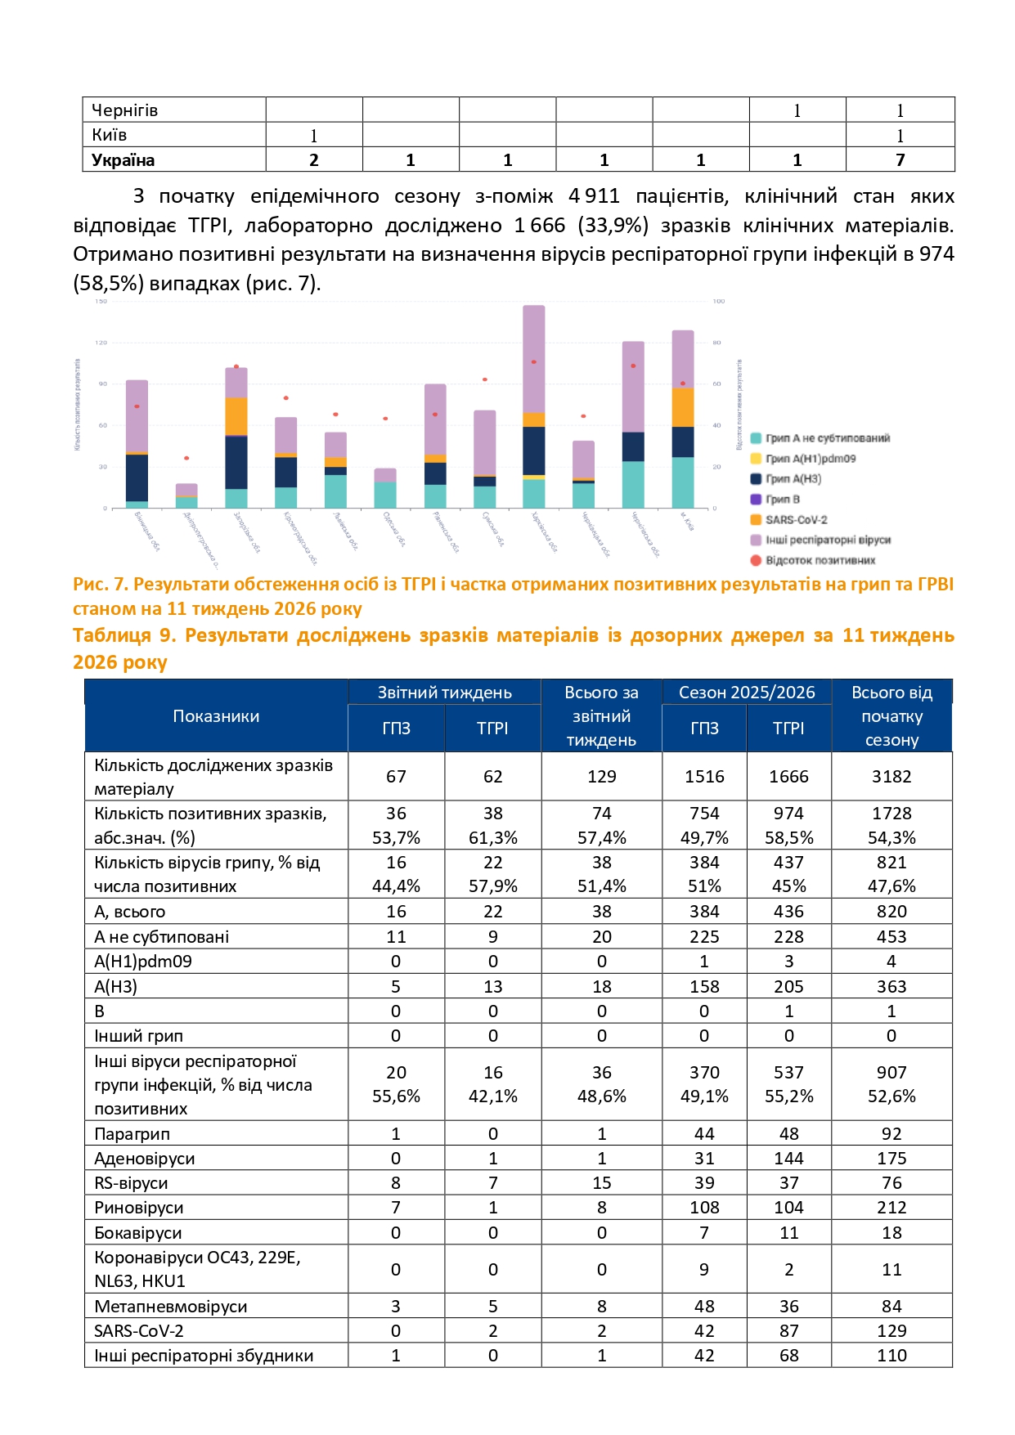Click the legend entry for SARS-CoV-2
[796, 519]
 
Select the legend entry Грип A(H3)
[793, 478]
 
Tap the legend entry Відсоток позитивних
[820, 560]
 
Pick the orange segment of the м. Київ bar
[683, 407]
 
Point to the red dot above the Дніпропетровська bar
[186, 458]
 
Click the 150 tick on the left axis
[101, 302]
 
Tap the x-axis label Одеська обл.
[394, 529]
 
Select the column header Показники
[216, 716]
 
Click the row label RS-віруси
[131, 1183]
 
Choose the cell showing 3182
[891, 777]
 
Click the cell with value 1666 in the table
[788, 777]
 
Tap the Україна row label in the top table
[123, 160]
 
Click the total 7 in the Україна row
[900, 160]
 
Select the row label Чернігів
[124, 110]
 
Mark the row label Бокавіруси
[137, 1233]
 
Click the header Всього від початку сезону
[891, 716]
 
